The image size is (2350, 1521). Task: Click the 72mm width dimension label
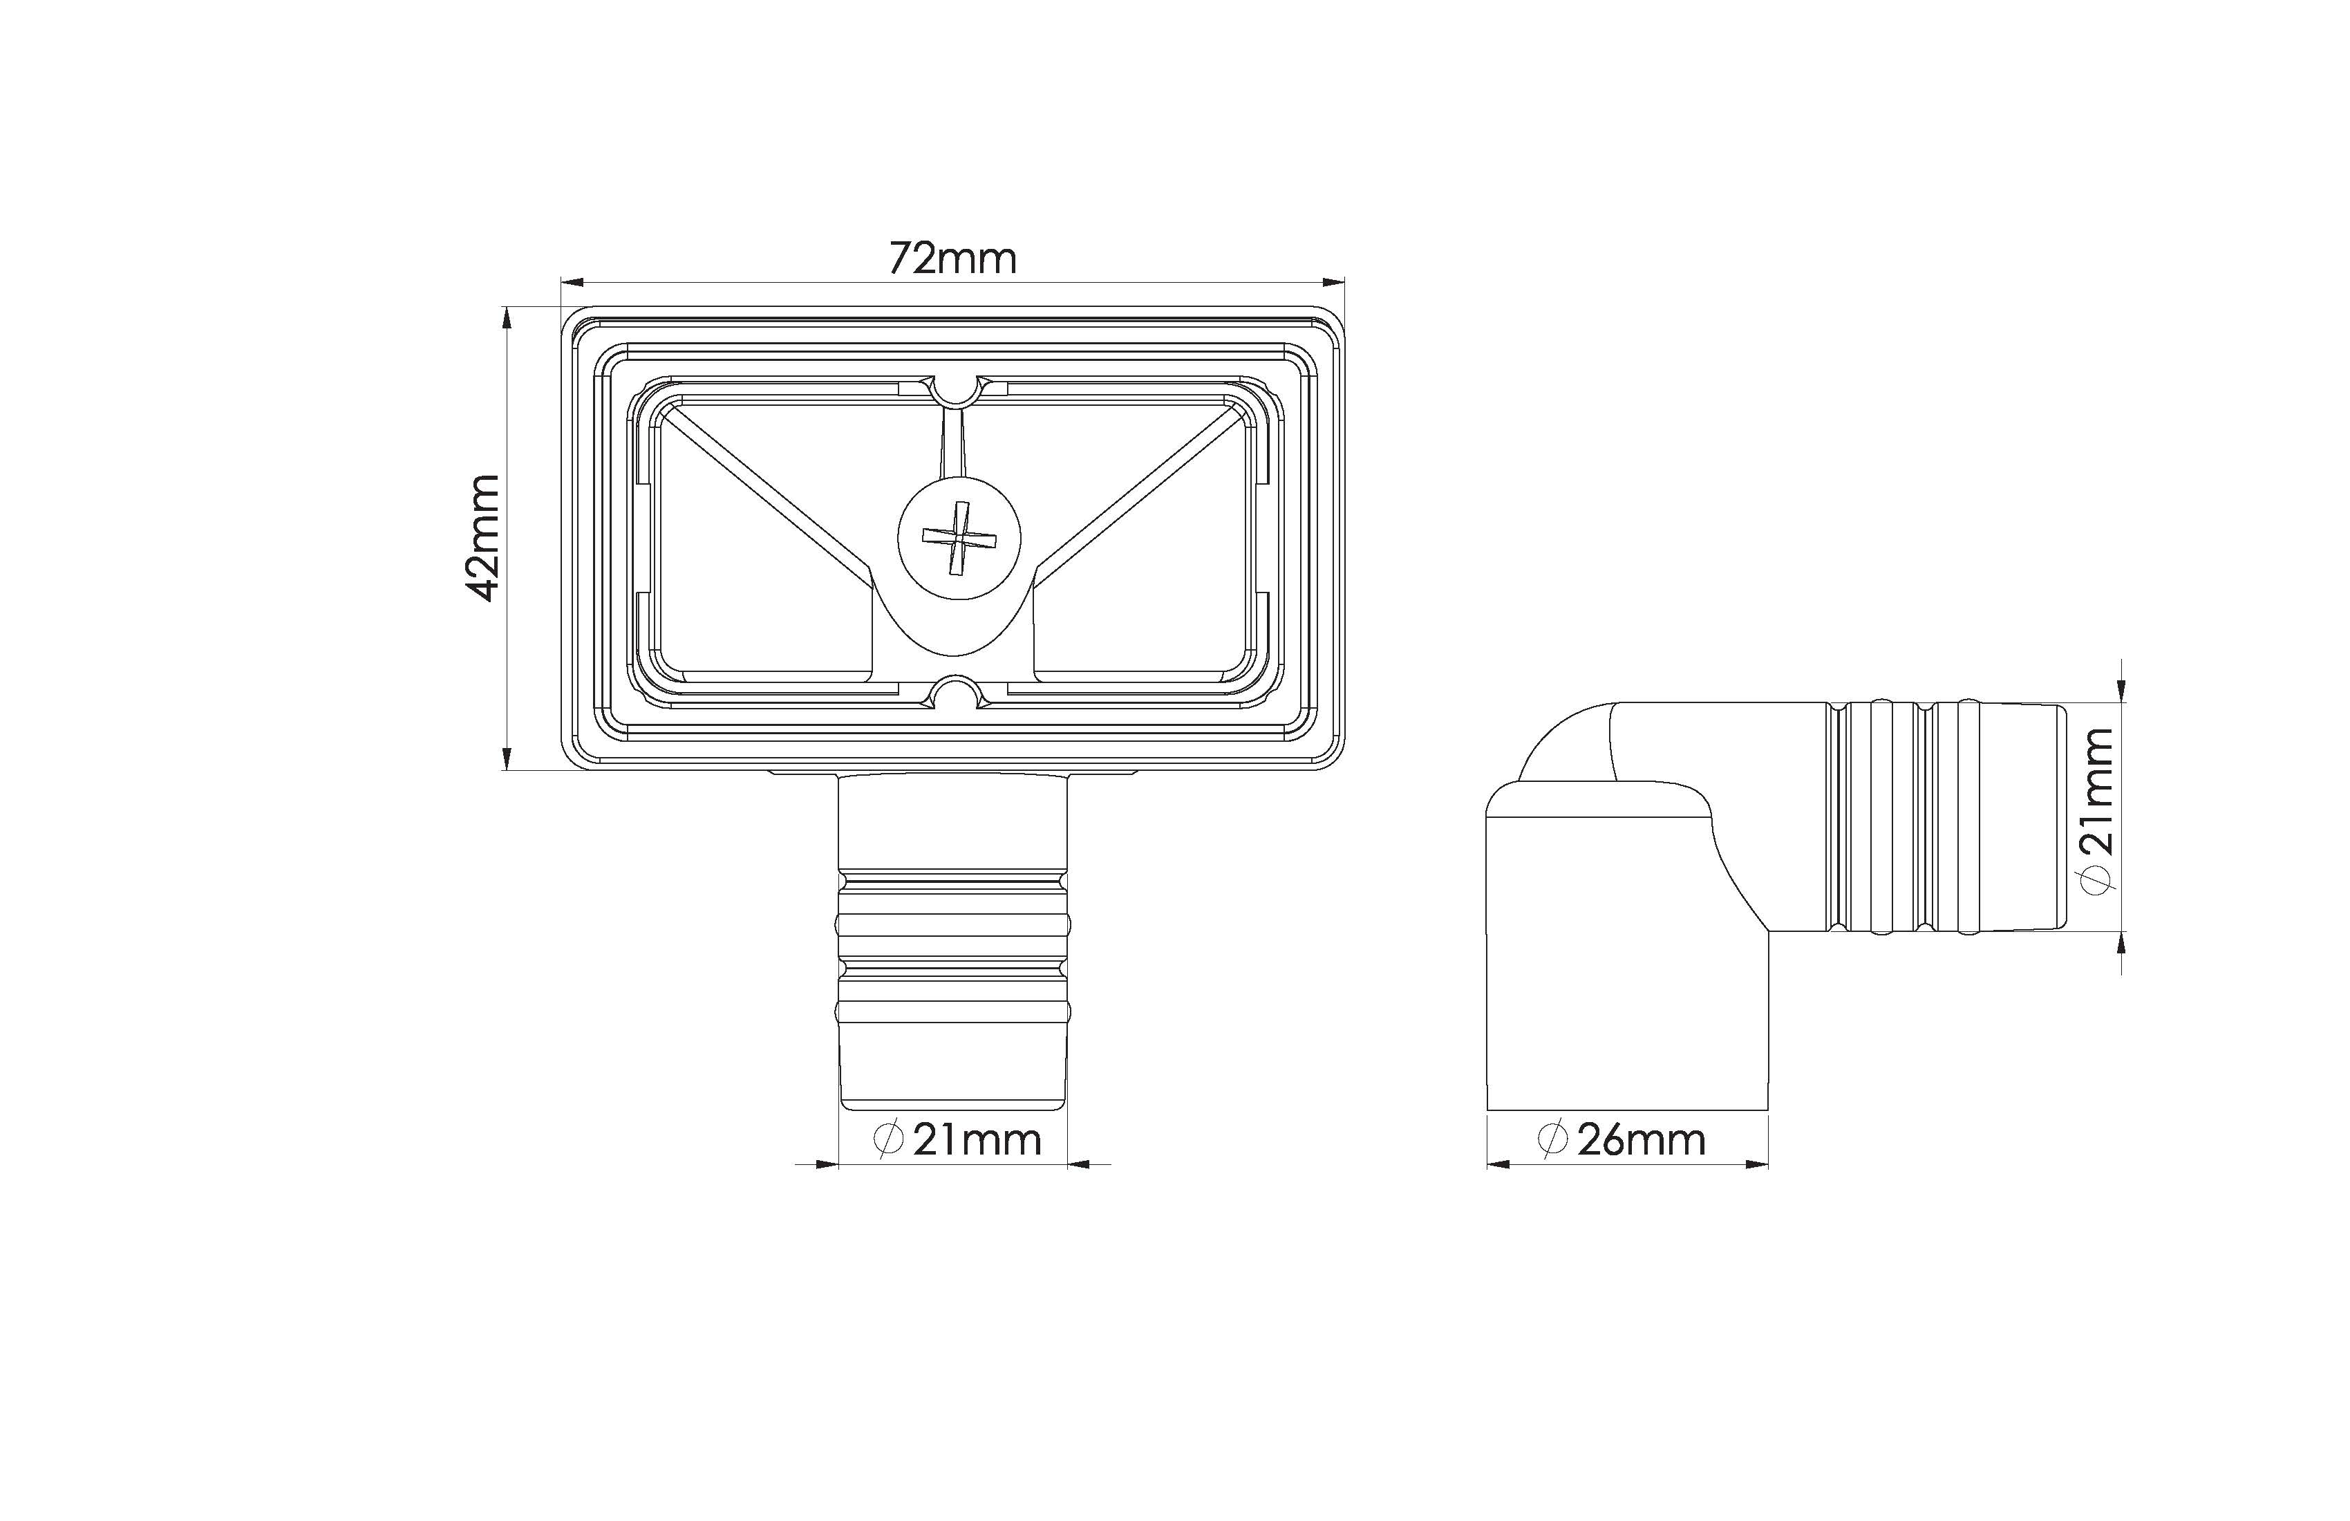pos(953,259)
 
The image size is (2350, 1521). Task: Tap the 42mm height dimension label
pos(484,539)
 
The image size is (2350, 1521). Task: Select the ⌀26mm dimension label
pos(1622,1140)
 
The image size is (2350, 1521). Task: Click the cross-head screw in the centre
pos(959,539)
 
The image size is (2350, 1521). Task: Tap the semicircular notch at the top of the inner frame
pos(955,392)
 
